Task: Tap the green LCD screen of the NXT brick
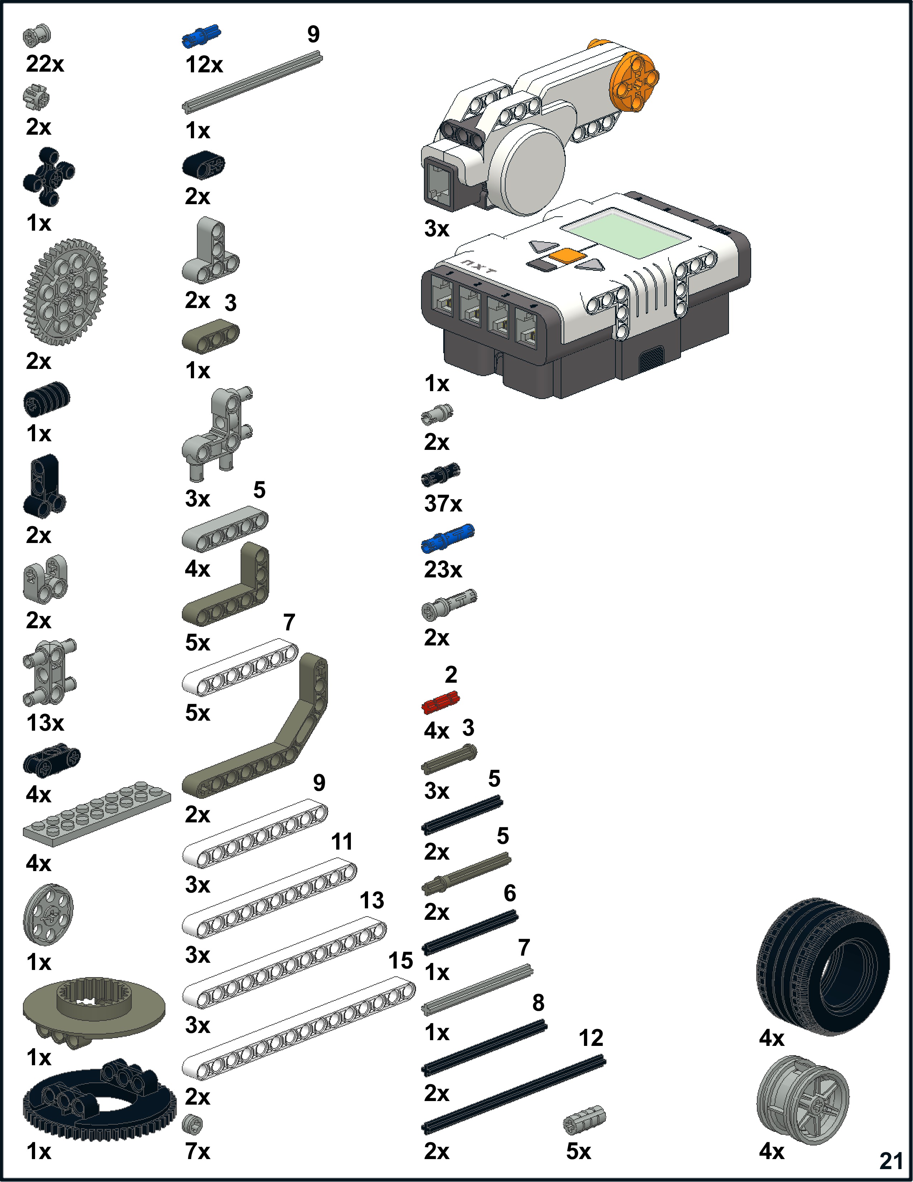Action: pyautogui.click(x=627, y=234)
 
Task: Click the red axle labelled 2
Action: pyautogui.click(x=440, y=703)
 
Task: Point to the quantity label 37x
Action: pyautogui.click(x=443, y=504)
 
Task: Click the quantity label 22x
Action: pyautogui.click(x=45, y=64)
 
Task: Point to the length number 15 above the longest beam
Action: pyautogui.click(x=401, y=961)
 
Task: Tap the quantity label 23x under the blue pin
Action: pyautogui.click(x=443, y=570)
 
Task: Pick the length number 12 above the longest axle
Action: pyautogui.click(x=591, y=1038)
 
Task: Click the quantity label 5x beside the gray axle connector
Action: pyautogui.click(x=578, y=1151)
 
